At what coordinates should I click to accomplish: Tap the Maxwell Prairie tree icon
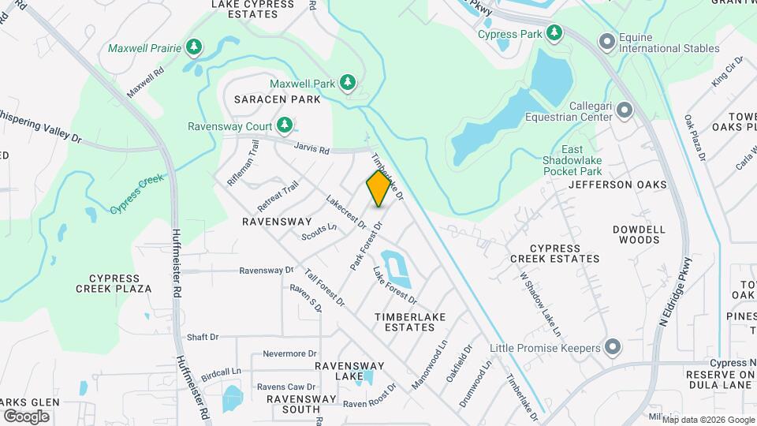[194, 47]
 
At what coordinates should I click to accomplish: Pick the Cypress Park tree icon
[555, 33]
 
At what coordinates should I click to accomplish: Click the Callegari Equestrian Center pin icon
[625, 110]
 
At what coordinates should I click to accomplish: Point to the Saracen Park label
[278, 99]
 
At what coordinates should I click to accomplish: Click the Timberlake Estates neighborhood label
[410, 323]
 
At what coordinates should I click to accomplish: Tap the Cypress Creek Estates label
[554, 252]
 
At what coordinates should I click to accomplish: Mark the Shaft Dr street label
[203, 337]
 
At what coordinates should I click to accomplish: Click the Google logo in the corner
[26, 416]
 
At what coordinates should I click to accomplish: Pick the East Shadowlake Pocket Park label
[582, 161]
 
